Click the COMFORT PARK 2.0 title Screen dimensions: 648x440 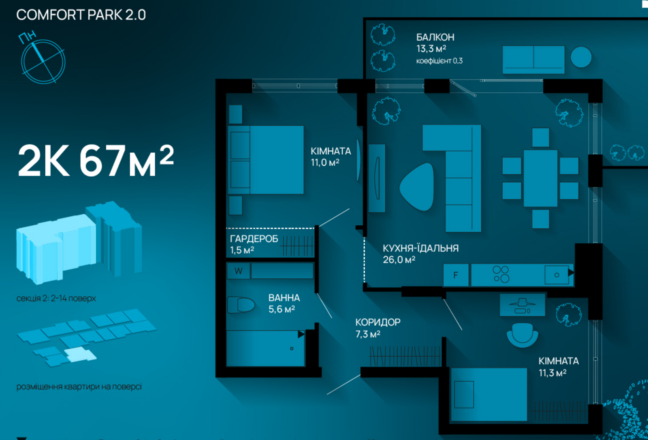pos(81,15)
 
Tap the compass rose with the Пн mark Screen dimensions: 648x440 pos(43,61)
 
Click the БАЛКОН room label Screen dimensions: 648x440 pos(435,37)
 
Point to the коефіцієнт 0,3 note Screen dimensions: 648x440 pos(439,61)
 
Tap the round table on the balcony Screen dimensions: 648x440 pos(581,57)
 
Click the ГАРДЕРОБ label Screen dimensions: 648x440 pos(254,239)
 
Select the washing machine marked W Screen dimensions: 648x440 pos(239,271)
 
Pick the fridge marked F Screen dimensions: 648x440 pos(456,275)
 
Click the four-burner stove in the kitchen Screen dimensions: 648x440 pos(501,274)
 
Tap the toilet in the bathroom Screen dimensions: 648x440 pos(241,305)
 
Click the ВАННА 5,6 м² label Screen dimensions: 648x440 pos(284,303)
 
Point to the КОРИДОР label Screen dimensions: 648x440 pos(378,322)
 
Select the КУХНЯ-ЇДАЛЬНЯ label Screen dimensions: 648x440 pos(421,248)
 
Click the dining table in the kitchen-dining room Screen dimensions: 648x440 pos(540,178)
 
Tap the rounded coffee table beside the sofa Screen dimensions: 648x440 pos(417,187)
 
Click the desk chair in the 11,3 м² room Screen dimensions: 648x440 pos(522,335)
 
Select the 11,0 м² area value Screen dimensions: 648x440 pos(325,163)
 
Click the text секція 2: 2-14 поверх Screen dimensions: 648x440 pos(56,299)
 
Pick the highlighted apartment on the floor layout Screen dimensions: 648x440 pos(80,355)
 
